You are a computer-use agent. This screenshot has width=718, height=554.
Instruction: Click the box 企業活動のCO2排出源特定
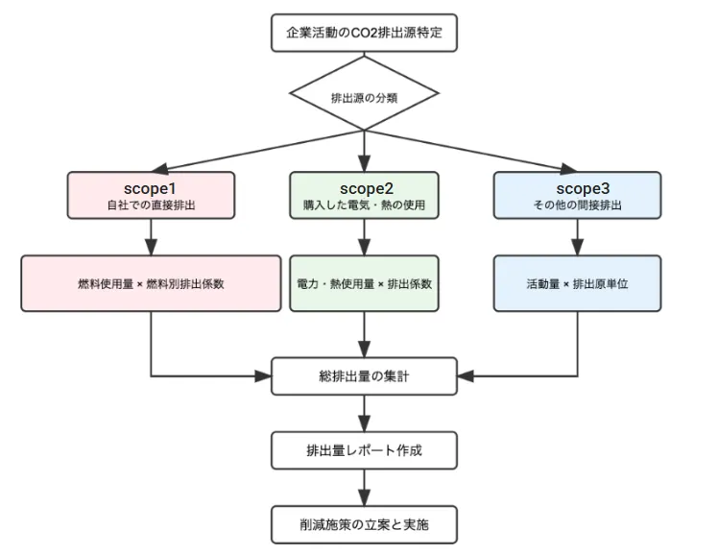pyautogui.click(x=364, y=33)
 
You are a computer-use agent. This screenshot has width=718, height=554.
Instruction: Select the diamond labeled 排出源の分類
pyautogui.click(x=364, y=93)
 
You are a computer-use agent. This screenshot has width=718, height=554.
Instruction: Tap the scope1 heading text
pyautogui.click(x=150, y=188)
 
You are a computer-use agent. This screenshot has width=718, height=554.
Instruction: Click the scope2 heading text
pyautogui.click(x=367, y=188)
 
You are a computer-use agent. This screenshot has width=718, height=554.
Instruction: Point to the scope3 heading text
pyautogui.click(x=583, y=188)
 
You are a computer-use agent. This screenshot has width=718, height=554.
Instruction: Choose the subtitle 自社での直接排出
pyautogui.click(x=151, y=205)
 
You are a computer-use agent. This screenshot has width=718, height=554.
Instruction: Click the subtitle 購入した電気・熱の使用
pyautogui.click(x=364, y=205)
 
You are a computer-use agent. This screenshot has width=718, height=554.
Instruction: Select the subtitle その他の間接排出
pyautogui.click(x=578, y=205)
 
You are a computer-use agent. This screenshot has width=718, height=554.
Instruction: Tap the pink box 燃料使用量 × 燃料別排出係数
pyautogui.click(x=151, y=283)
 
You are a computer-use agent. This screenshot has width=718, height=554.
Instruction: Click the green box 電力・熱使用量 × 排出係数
pyautogui.click(x=364, y=283)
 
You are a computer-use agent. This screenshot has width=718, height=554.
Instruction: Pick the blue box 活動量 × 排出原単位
pyautogui.click(x=578, y=283)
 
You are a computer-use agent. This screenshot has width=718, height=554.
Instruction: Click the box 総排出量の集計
pyautogui.click(x=364, y=376)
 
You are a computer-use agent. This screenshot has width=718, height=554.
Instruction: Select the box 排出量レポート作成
pyautogui.click(x=364, y=450)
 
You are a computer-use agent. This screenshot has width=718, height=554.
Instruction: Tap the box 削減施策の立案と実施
pyautogui.click(x=364, y=524)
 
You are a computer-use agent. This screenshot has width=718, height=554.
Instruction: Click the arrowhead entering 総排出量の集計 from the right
pyautogui.click(x=466, y=376)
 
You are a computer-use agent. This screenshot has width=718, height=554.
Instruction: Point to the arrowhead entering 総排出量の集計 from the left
pyautogui.click(x=263, y=376)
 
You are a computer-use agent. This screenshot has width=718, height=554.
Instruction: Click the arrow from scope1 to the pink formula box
pyautogui.click(x=151, y=237)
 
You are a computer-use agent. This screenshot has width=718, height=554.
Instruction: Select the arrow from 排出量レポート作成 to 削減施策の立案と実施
pyautogui.click(x=364, y=488)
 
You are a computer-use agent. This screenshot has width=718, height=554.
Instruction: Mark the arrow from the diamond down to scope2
pyautogui.click(x=364, y=151)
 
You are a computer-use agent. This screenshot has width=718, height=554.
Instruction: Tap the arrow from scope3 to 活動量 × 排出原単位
pyautogui.click(x=578, y=237)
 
